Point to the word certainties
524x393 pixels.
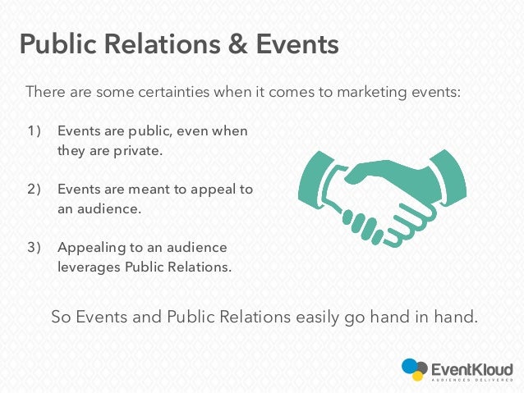click(162, 91)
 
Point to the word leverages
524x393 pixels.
click(90, 266)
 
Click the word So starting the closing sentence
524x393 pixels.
click(61, 316)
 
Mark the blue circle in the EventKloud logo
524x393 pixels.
click(409, 366)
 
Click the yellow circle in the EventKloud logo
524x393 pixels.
click(418, 376)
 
